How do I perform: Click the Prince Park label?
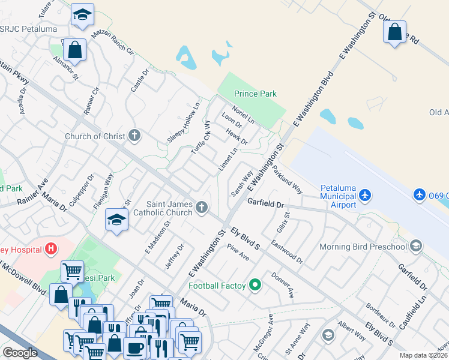[255, 94]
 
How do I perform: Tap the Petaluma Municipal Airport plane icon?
[365, 195]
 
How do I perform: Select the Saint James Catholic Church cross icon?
[202, 208]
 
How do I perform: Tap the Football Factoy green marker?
[255, 285]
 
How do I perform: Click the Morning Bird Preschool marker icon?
[415, 245]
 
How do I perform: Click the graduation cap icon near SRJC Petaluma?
[82, 14]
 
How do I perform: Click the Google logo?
[19, 353]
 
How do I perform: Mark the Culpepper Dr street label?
[82, 190]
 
